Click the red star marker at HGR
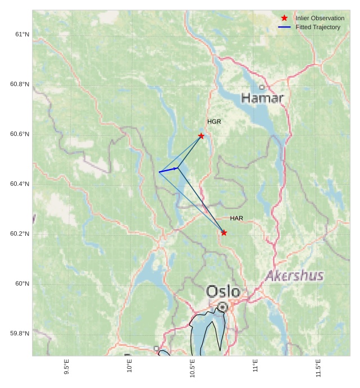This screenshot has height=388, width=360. [x=201, y=136]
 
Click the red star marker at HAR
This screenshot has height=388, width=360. [x=224, y=232]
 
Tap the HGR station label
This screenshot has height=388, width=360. [x=214, y=122]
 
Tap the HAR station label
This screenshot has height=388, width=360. [x=236, y=218]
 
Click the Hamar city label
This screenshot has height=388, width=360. [x=262, y=98]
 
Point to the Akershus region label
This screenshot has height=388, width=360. [x=294, y=276]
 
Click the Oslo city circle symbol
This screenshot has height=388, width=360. [x=223, y=307]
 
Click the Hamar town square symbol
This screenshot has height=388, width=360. [x=262, y=87]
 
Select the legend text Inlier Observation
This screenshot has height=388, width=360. [x=320, y=18]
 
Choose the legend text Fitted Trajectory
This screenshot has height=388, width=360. [x=318, y=27]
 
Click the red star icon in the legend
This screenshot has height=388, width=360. [x=285, y=18]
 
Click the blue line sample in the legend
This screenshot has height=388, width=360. [x=285, y=27]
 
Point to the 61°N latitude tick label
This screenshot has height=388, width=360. [x=22, y=34]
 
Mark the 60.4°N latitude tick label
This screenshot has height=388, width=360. [x=20, y=184]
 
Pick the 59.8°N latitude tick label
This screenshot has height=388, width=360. [x=20, y=334]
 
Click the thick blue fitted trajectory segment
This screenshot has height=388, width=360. [x=168, y=170]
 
